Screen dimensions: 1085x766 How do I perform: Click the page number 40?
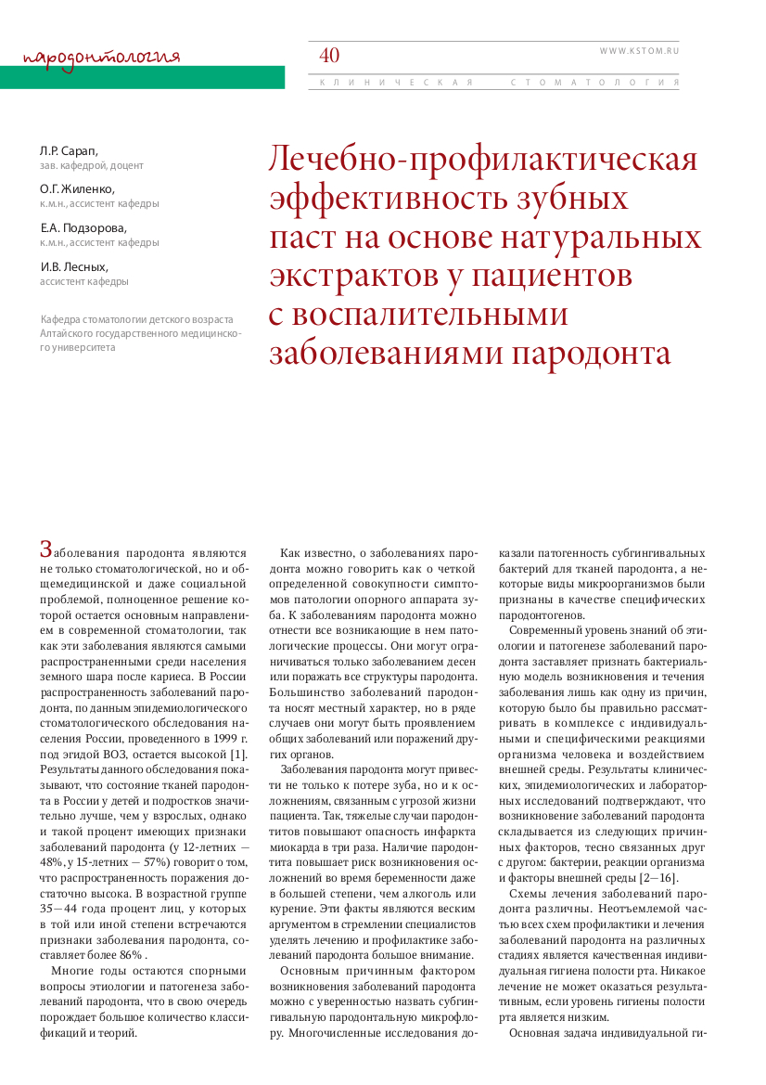329,56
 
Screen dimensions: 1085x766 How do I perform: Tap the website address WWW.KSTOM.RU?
639,51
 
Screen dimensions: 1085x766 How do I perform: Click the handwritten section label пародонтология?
101,57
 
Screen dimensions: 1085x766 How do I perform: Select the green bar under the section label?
142,77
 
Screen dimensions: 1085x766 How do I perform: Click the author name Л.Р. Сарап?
69,150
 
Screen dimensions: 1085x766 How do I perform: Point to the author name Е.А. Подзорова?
83,227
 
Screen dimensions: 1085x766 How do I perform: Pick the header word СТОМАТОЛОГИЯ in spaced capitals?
594,83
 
